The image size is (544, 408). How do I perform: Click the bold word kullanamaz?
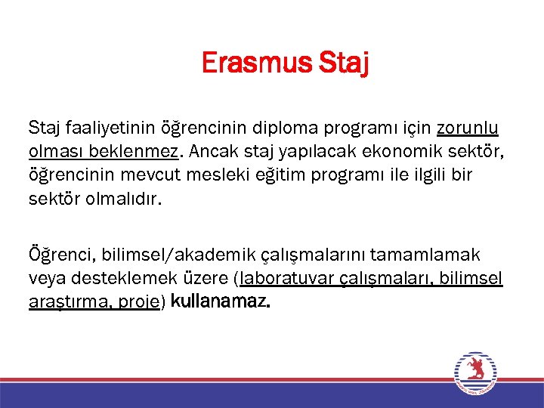click(x=221, y=302)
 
